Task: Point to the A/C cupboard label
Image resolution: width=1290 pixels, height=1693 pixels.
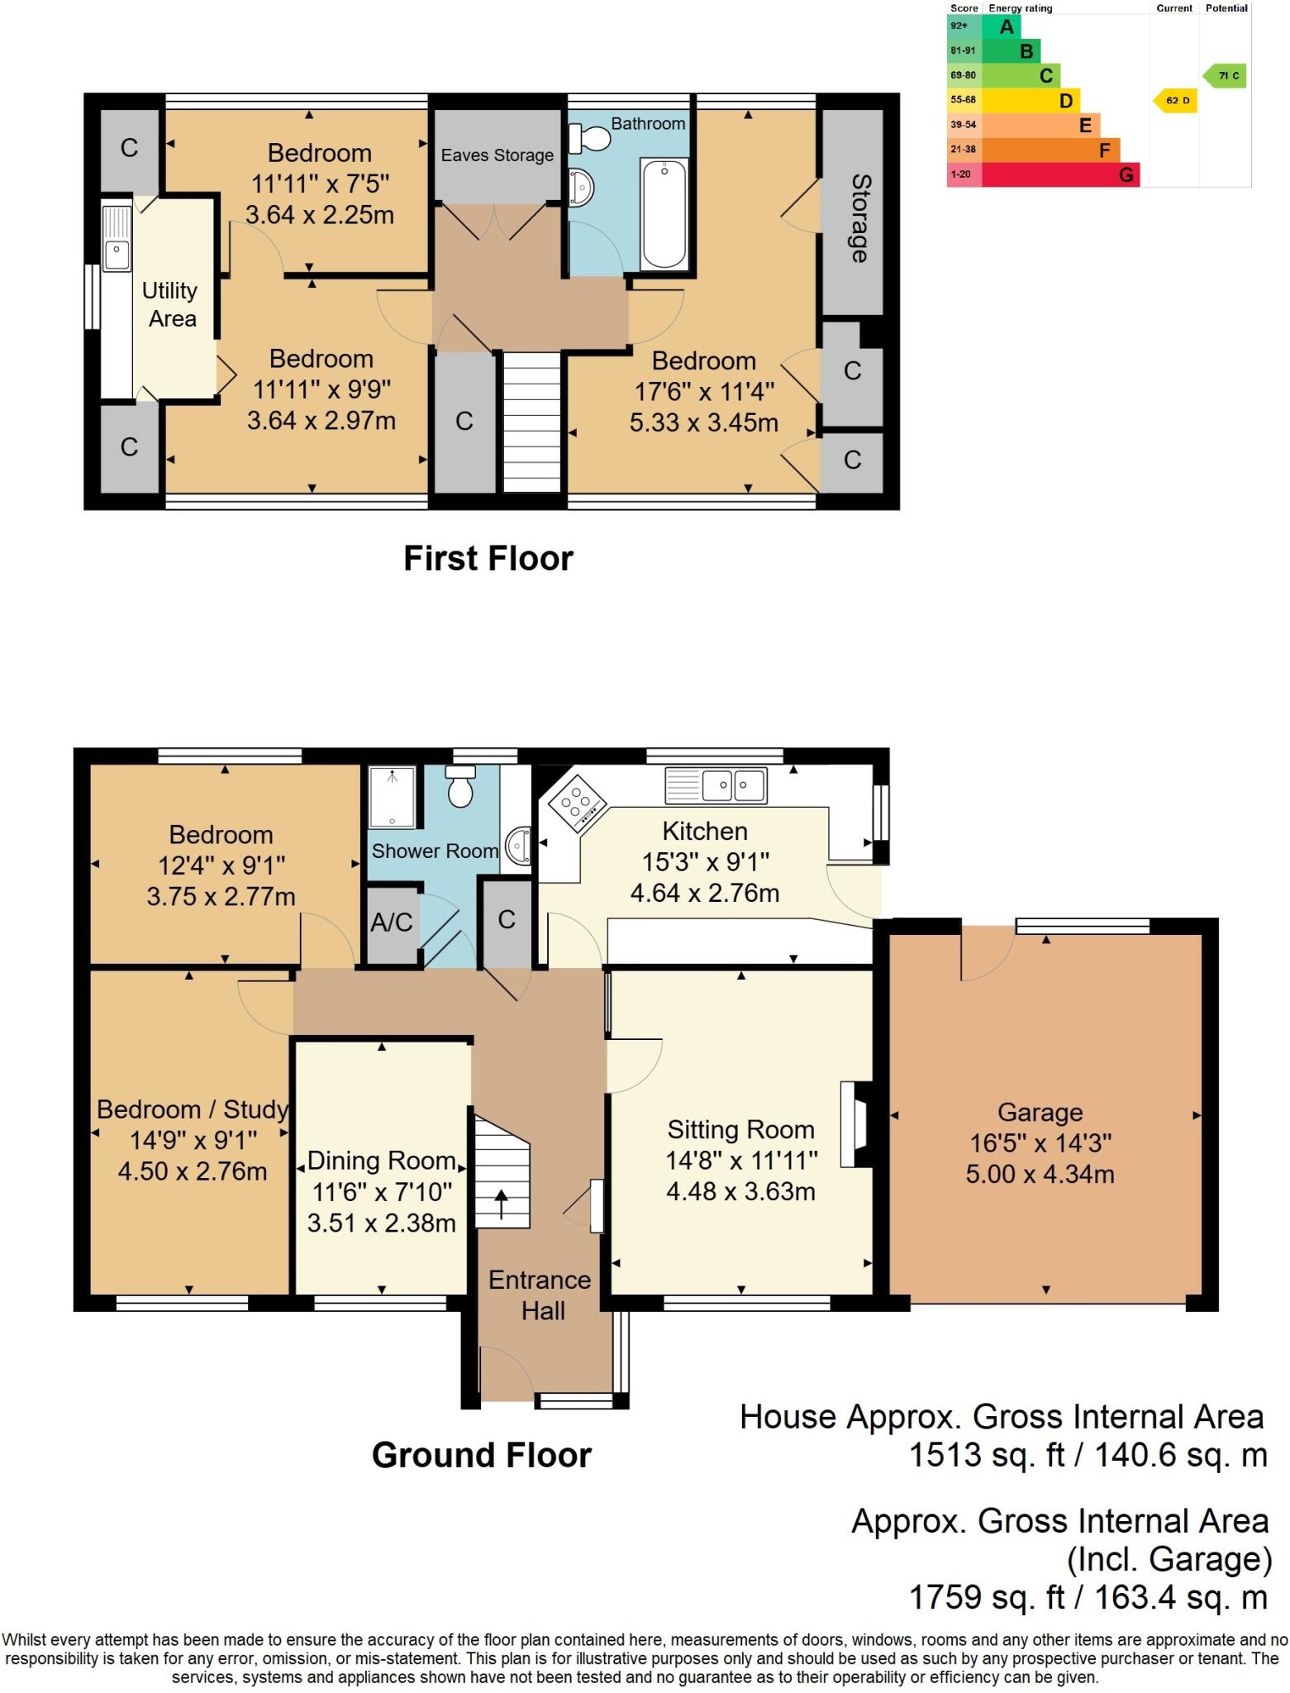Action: (x=391, y=923)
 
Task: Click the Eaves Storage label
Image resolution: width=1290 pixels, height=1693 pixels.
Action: (x=497, y=155)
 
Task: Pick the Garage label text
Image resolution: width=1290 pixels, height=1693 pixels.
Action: (x=1040, y=1113)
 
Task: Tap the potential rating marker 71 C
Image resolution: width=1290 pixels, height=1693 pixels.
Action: (x=1226, y=76)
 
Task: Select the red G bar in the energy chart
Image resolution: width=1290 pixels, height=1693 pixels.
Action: (x=1060, y=174)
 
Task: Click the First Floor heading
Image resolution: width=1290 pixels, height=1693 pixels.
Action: (x=488, y=559)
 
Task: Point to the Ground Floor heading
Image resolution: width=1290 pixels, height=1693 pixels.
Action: (x=481, y=1455)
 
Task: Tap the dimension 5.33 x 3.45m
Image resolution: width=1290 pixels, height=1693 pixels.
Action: (x=703, y=423)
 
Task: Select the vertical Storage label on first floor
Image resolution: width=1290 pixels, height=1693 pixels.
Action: (x=859, y=218)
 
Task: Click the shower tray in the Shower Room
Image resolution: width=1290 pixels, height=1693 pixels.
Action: (x=393, y=797)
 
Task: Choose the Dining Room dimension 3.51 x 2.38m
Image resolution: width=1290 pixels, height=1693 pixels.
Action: (x=381, y=1223)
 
